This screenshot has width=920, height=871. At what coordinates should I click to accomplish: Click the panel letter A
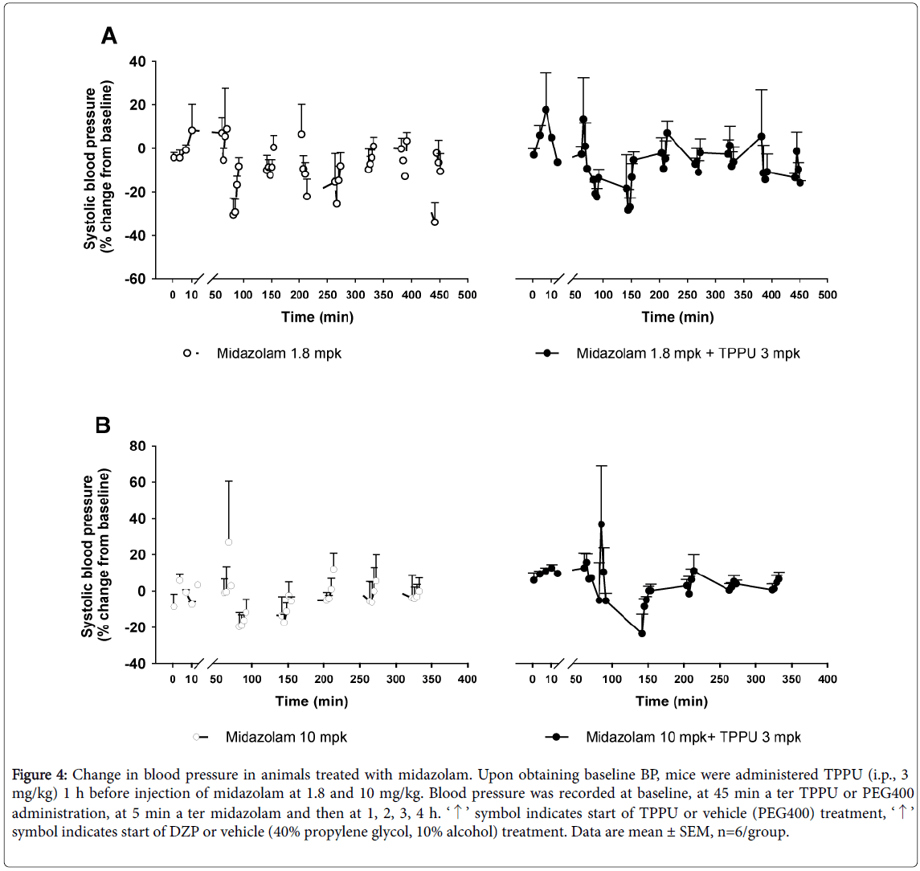tap(109, 35)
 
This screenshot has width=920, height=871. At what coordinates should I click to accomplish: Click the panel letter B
tap(103, 425)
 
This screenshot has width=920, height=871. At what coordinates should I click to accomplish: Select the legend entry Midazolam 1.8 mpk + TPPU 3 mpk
tap(688, 353)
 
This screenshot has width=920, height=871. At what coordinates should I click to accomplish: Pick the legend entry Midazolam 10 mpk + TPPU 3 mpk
tap(693, 737)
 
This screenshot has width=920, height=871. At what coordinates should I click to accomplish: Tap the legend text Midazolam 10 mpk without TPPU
tap(286, 737)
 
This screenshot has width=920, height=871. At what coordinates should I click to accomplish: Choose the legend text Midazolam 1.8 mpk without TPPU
tap(279, 353)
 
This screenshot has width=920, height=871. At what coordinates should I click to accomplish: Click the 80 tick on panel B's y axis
tap(137, 446)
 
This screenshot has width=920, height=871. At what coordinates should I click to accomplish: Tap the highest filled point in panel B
tap(601, 525)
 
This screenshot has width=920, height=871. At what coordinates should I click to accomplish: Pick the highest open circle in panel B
tap(228, 542)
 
